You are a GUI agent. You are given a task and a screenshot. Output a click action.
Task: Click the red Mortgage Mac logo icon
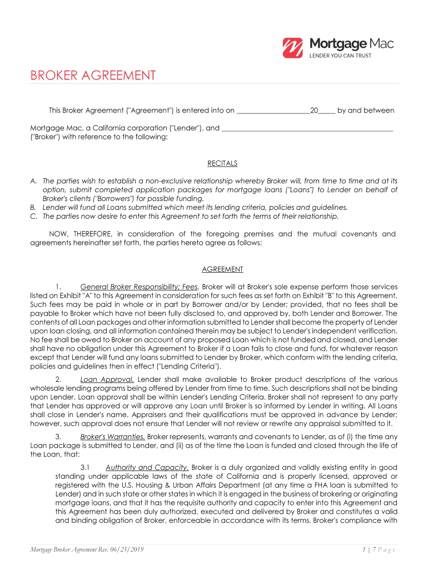[292, 48]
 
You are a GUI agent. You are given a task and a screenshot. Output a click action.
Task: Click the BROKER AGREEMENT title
[93, 75]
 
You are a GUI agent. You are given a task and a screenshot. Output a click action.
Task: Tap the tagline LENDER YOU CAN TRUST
[340, 56]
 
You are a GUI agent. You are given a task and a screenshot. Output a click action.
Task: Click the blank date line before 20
[273, 111]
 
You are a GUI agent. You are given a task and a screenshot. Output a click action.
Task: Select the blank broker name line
[307, 129]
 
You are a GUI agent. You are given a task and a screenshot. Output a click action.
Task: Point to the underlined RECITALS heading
[222, 164]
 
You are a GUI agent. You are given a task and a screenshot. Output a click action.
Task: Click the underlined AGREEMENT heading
[222, 269]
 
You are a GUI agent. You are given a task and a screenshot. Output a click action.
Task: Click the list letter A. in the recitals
[33, 181]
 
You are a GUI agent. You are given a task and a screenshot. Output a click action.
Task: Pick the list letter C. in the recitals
[33, 217]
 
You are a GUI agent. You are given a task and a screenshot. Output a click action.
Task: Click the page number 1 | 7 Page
[376, 551]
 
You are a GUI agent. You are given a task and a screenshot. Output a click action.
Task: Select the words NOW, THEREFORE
[77, 234]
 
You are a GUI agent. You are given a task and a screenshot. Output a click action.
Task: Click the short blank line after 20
[327, 111]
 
